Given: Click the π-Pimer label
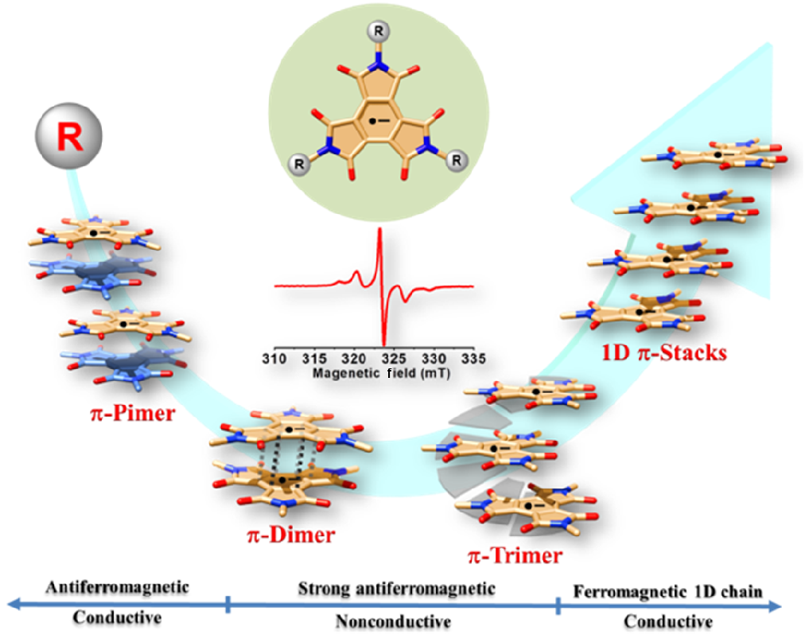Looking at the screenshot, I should tap(133, 413).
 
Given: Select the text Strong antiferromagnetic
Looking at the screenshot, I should tap(396, 589).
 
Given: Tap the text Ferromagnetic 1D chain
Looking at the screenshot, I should tap(669, 591).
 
